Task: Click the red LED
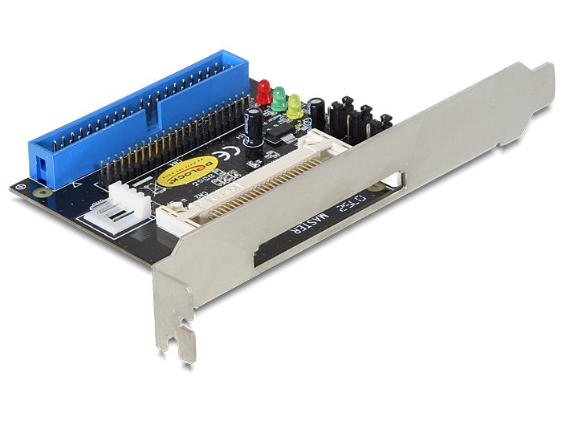pyautogui.click(x=263, y=90)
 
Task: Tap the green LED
pyautogui.click(x=279, y=97)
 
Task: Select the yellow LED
pyautogui.click(x=294, y=105)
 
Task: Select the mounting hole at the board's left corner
pyautogui.click(x=22, y=188)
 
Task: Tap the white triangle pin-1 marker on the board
pyautogui.click(x=75, y=186)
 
